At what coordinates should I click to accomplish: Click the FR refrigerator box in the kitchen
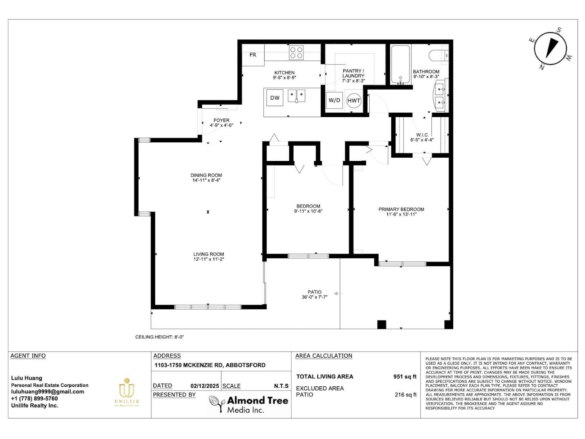point(253,55)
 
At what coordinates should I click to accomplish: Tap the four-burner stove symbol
point(296,52)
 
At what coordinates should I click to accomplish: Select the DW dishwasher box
point(275,98)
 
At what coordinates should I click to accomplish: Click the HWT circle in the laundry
point(354,101)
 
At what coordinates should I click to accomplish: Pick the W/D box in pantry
point(334,100)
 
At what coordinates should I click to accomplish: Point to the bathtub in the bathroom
point(401,64)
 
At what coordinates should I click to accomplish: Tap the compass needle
point(552,48)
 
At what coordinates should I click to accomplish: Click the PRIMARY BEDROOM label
point(401,209)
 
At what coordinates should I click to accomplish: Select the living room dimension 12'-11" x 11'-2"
point(208,259)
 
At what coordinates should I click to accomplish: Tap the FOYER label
point(222,120)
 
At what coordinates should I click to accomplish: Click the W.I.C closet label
point(422,135)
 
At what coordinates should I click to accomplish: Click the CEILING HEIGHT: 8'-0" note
point(159,337)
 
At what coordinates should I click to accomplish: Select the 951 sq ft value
point(405,377)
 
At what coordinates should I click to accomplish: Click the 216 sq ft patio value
point(405,395)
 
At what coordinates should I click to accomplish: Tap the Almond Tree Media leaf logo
point(216,404)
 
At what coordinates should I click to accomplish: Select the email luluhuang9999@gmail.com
point(48,392)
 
